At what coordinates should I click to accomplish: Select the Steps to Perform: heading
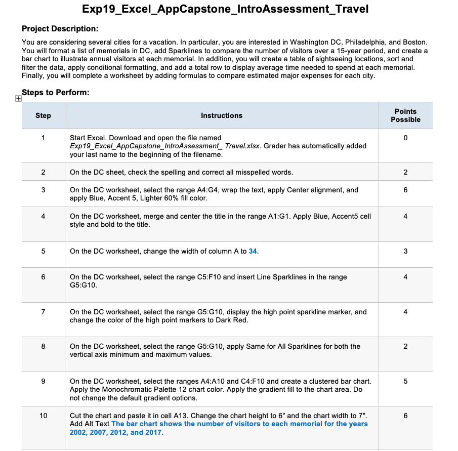(x=56, y=93)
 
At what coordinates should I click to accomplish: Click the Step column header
(x=43, y=115)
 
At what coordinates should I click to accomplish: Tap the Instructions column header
(x=222, y=115)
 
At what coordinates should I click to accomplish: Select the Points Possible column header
(x=405, y=115)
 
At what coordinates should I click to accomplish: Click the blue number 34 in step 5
(x=254, y=251)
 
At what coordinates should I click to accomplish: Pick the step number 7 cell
(x=43, y=312)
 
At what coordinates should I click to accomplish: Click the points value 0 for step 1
(x=405, y=138)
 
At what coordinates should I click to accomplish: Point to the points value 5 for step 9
(x=405, y=381)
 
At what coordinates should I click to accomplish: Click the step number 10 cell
(x=43, y=415)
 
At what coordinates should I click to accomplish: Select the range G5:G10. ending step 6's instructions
(x=84, y=285)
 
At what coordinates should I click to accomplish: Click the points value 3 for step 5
(x=405, y=251)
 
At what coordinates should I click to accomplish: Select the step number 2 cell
(x=43, y=172)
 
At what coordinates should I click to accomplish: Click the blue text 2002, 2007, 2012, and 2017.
(x=116, y=432)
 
